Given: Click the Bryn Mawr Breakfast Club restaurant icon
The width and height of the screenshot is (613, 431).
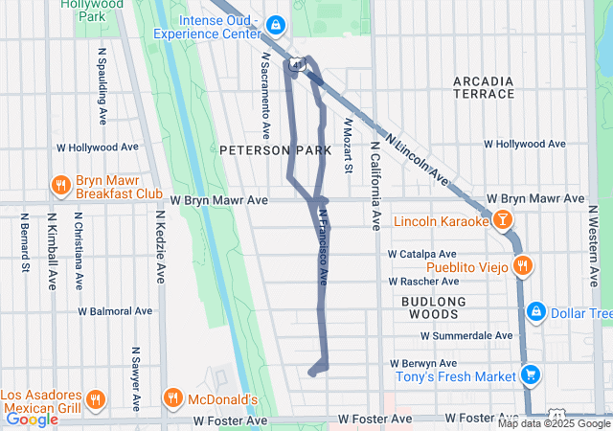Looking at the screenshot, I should coord(60,185).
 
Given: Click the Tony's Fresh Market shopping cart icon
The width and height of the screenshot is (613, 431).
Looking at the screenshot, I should coord(529,375).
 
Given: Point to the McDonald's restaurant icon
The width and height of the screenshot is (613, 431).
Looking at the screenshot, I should coord(172,397).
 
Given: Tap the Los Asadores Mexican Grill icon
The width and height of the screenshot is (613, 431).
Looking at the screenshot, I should coord(94,398).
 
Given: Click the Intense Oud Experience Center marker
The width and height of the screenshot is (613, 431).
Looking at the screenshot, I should coord(275,24).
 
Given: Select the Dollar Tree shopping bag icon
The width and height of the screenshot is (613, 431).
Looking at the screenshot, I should coord(535,312).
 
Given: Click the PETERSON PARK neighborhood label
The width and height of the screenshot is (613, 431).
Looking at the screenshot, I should coord(275,150).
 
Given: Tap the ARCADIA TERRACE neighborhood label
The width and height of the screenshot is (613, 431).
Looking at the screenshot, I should coord(484,87).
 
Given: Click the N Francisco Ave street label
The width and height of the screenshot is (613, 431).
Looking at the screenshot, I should coord(324,247).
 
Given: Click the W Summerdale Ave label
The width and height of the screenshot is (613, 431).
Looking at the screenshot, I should coord(467,335).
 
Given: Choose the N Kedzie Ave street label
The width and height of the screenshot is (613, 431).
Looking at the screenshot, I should coord(159,255).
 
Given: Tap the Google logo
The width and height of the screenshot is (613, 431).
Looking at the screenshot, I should coord(32,419).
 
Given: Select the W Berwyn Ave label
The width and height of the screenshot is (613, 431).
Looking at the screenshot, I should coord(423,364).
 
